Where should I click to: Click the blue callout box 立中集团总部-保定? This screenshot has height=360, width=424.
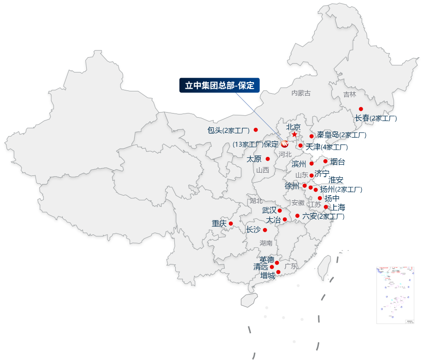tap(219, 85)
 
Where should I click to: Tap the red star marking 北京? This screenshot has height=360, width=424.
tap(294, 134)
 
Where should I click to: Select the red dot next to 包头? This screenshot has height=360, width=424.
tap(256, 130)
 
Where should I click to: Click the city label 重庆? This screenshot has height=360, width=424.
tap(219, 223)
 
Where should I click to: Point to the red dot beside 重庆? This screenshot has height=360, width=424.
tap(231, 223)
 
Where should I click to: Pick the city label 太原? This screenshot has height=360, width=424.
tap(254, 159)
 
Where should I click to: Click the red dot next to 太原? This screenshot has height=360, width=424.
tap(268, 159)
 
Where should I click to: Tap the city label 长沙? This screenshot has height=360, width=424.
tap(253, 229)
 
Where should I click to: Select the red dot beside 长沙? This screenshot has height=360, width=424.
tap(265, 230)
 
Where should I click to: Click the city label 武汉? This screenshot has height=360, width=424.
tap(269, 210)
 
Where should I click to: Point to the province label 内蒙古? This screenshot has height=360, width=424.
tap(301, 93)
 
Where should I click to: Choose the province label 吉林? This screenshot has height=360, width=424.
tap(349, 95)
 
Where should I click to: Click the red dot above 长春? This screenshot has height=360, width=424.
tap(361, 109)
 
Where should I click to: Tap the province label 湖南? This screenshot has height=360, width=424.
tap(266, 243)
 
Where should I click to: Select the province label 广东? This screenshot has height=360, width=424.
tap(291, 266)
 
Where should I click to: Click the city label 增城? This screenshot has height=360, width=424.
tap(267, 276)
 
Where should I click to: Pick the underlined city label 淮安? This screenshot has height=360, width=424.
tap(336, 180)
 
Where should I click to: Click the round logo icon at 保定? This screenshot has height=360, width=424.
tap(284, 144)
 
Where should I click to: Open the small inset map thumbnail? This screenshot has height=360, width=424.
tap(395, 295)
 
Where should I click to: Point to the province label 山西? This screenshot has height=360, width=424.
tap(263, 170)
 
